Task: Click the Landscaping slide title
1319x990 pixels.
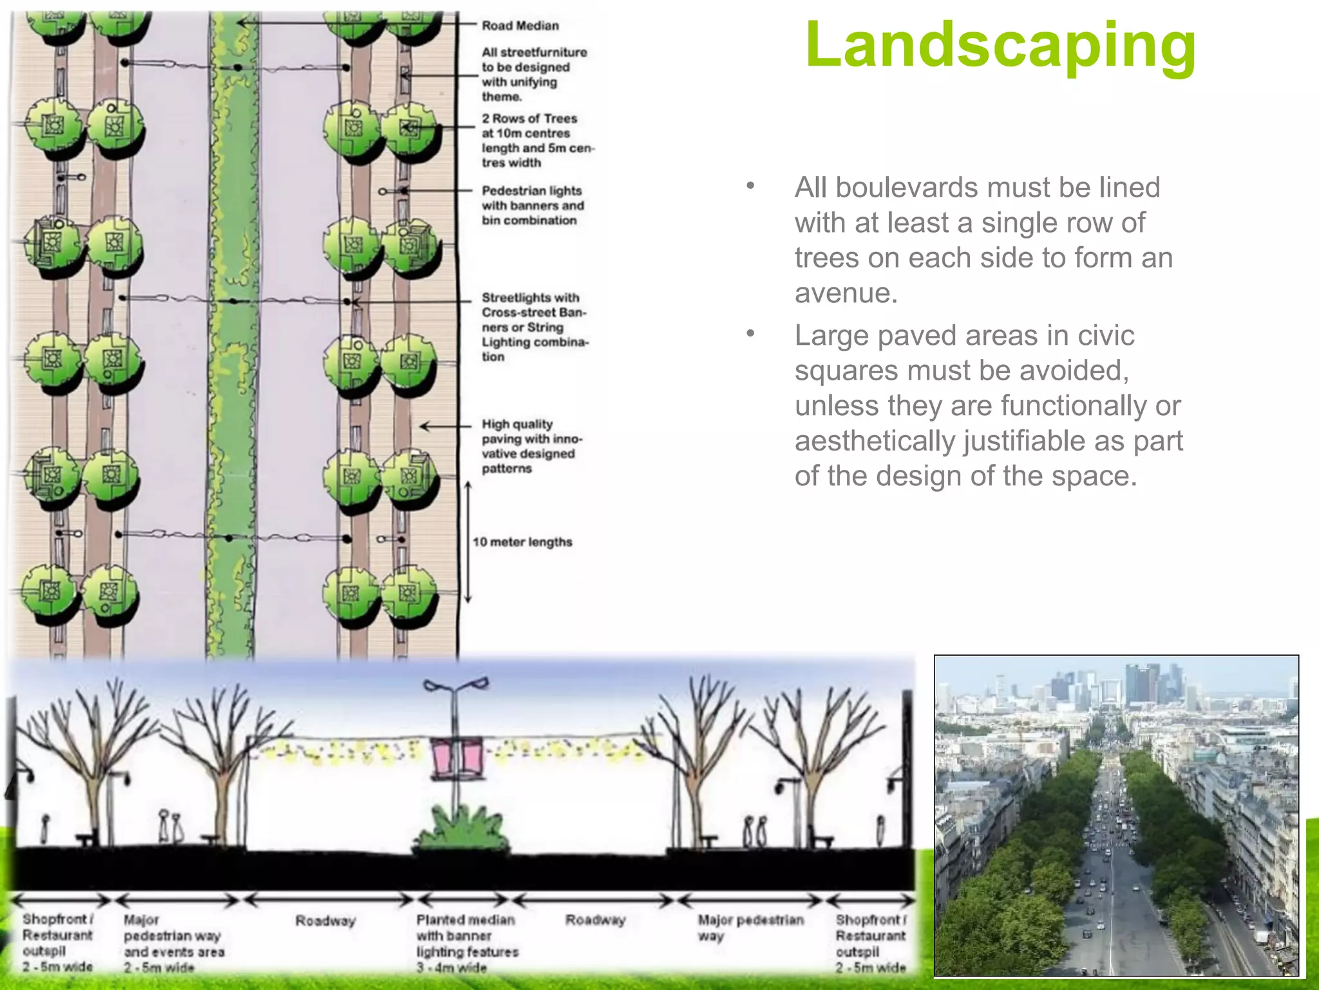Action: coord(1000,45)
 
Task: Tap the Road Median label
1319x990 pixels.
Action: coord(520,26)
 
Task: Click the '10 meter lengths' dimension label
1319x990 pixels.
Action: coord(522,542)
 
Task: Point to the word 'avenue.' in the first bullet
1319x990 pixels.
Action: coord(846,293)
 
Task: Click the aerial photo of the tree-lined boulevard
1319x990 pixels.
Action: coord(1116,815)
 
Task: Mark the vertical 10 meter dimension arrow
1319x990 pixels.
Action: coord(468,543)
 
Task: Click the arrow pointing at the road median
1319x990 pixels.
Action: coord(348,23)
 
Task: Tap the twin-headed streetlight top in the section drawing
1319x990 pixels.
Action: coord(456,684)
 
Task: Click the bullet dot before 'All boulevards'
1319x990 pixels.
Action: coord(750,187)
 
